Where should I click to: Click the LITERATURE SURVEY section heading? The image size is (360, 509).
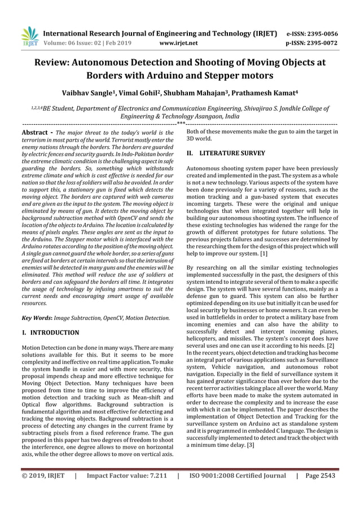click(229, 152)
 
